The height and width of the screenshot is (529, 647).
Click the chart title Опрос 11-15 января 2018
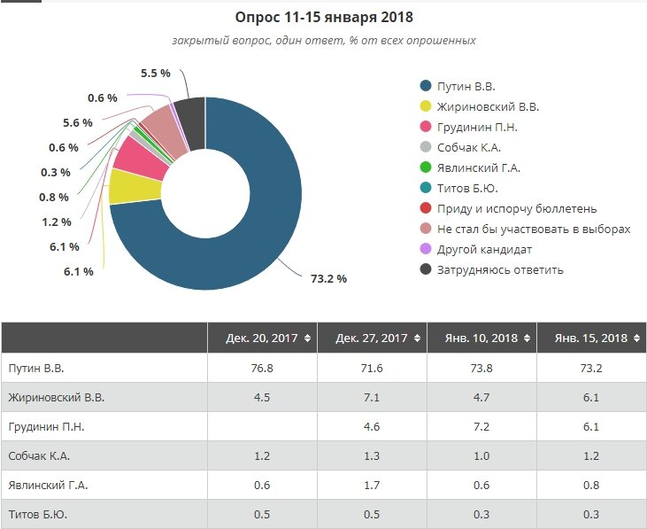point(324,17)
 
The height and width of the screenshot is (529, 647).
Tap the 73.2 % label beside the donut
point(327,278)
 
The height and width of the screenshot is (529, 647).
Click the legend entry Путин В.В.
point(466,86)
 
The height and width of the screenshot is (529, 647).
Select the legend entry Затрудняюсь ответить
point(500,269)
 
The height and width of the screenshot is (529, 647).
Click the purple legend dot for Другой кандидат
point(426,249)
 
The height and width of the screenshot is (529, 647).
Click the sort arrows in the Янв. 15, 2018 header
point(635,338)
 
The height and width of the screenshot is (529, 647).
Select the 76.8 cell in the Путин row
point(262,367)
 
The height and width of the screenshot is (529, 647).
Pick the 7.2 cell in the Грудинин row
point(481,426)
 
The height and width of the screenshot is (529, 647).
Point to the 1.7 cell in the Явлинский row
point(372,485)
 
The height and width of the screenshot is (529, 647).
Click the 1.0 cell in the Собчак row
point(481,455)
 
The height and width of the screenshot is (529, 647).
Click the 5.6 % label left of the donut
point(78,123)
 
